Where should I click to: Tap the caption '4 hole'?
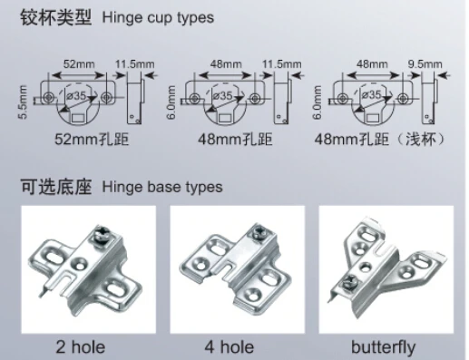[230, 345]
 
